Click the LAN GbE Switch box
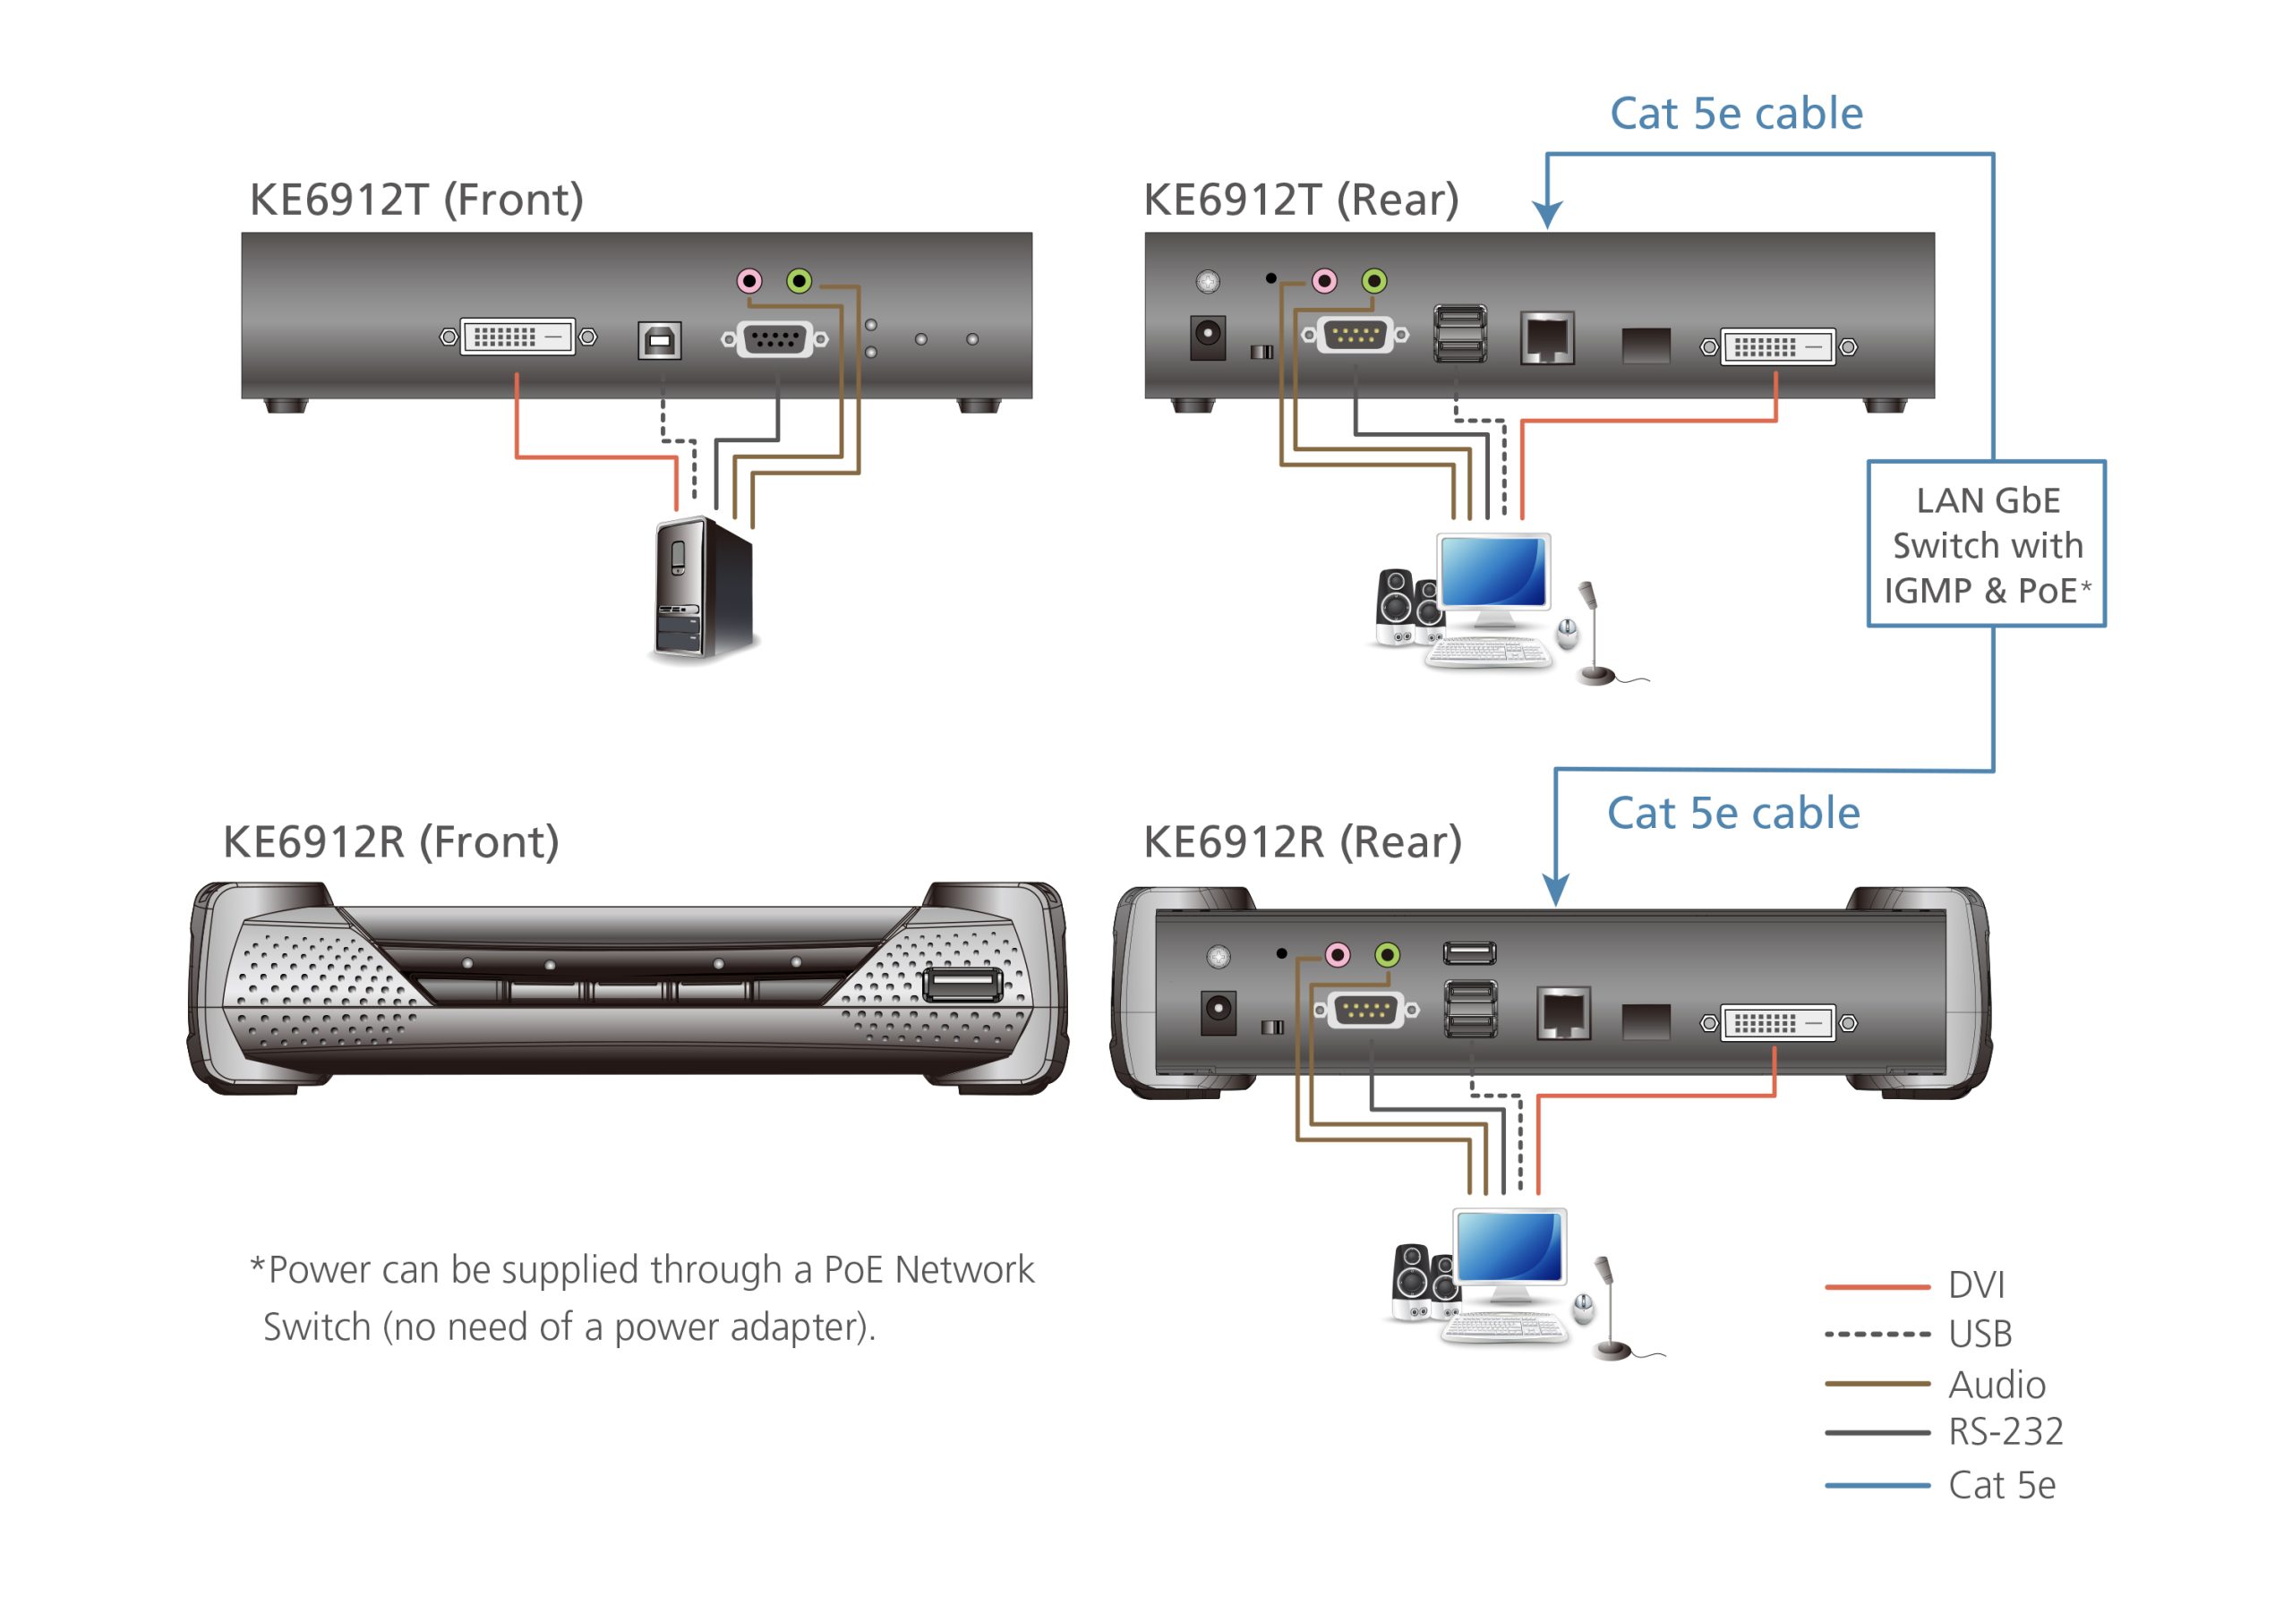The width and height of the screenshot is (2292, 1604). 1986,544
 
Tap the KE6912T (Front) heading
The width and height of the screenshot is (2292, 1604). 416,200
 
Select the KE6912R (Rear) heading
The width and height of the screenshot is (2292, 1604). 1302,841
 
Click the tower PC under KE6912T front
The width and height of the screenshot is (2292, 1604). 703,589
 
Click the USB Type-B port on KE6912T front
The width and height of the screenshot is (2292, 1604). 659,340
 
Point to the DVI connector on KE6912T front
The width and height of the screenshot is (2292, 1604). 517,337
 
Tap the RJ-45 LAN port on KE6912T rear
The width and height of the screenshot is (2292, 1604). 1546,338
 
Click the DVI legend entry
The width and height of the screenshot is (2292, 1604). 1974,1285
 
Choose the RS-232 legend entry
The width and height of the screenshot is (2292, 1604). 2005,1432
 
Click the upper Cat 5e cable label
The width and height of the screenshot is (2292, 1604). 1736,114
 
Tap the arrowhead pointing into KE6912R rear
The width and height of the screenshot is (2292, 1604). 1555,891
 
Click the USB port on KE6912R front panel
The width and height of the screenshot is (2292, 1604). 962,985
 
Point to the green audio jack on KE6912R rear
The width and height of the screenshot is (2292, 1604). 1387,955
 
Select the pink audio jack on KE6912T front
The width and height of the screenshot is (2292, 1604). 748,281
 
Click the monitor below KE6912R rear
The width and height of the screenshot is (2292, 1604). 1509,1250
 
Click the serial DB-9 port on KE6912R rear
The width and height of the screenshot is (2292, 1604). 1364,1011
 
